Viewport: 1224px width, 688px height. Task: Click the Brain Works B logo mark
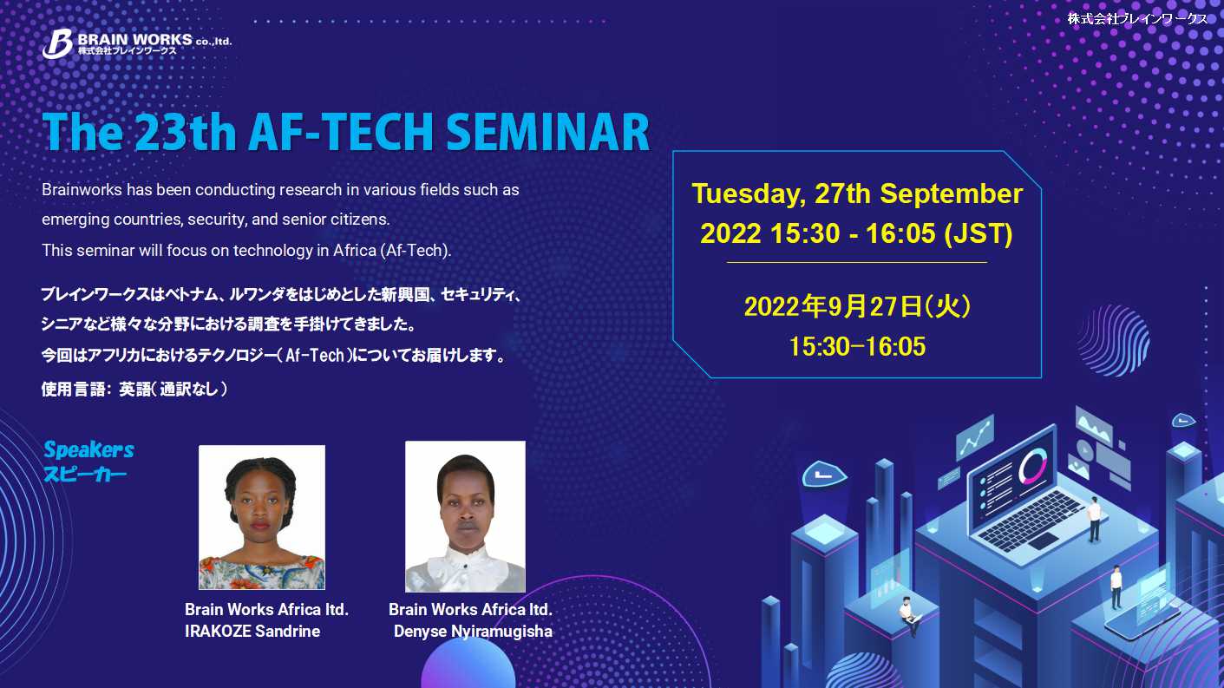(57, 43)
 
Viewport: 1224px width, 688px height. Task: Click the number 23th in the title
(185, 132)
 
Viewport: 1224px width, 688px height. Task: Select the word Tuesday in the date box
(749, 194)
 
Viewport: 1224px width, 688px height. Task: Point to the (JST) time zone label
(979, 233)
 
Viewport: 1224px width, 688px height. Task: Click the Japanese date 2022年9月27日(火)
(857, 306)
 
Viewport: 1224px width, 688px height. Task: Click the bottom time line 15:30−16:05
(857, 346)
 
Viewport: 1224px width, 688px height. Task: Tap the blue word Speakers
(88, 449)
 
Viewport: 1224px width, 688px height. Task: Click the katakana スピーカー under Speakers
(85, 474)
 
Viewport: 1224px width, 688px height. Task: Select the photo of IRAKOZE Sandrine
(262, 517)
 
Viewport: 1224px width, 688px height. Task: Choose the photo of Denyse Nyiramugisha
(465, 516)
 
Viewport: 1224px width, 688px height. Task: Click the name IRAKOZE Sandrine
(252, 631)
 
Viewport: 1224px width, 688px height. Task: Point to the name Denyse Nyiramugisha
(474, 632)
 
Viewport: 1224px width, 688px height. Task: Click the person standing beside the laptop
(1094, 519)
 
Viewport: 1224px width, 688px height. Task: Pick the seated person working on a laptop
(909, 616)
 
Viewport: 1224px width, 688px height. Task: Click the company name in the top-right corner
(1137, 19)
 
